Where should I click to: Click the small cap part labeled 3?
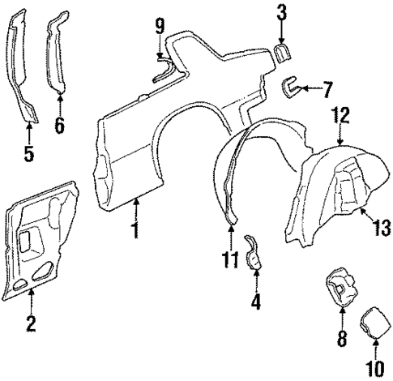point(282,53)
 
